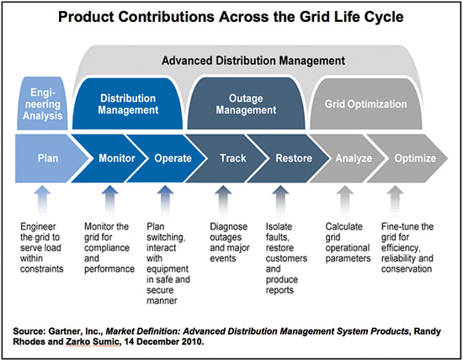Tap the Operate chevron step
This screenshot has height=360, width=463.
171,158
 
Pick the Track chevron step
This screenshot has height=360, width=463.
231,158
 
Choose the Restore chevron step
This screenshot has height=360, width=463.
292,158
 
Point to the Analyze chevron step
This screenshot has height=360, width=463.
351,158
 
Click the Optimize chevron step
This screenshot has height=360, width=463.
412,158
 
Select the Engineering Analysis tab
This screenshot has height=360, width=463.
43,103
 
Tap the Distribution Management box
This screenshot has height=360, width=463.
128,103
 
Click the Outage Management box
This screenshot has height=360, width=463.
246,103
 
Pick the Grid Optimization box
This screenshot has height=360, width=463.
366,103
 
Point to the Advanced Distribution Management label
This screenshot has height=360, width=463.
253,61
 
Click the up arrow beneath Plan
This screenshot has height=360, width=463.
42,202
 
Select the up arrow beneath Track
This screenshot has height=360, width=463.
223,202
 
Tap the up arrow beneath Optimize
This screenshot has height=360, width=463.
395,202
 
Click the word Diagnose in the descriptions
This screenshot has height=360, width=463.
228,226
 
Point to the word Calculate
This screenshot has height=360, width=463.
344,226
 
